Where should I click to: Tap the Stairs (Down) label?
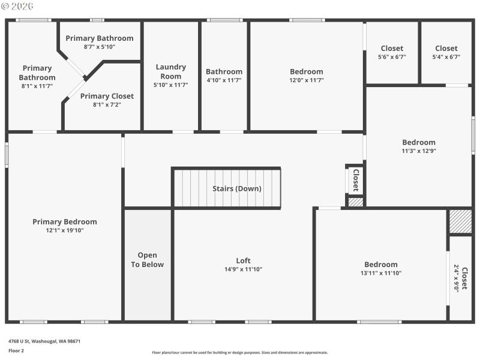(x=237, y=188)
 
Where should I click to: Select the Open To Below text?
(x=147, y=260)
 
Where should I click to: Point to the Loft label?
(x=243, y=260)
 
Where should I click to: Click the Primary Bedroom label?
(x=64, y=222)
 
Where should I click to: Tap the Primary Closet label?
(x=107, y=96)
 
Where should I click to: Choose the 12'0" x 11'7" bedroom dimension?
(x=306, y=80)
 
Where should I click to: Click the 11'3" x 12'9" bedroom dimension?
(x=419, y=151)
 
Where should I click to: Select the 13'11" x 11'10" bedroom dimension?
(x=381, y=273)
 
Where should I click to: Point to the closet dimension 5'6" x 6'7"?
(x=391, y=57)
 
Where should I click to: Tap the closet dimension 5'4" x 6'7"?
(x=446, y=57)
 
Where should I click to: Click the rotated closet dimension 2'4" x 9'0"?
(x=457, y=278)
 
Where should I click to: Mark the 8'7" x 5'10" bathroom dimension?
(x=99, y=47)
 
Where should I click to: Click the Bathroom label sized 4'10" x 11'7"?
(x=224, y=71)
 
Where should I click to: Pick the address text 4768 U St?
(x=44, y=341)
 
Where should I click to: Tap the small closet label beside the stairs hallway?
(x=355, y=179)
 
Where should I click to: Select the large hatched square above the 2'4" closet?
(x=460, y=221)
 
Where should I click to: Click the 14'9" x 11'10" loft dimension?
(x=243, y=269)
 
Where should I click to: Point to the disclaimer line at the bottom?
(x=240, y=353)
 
